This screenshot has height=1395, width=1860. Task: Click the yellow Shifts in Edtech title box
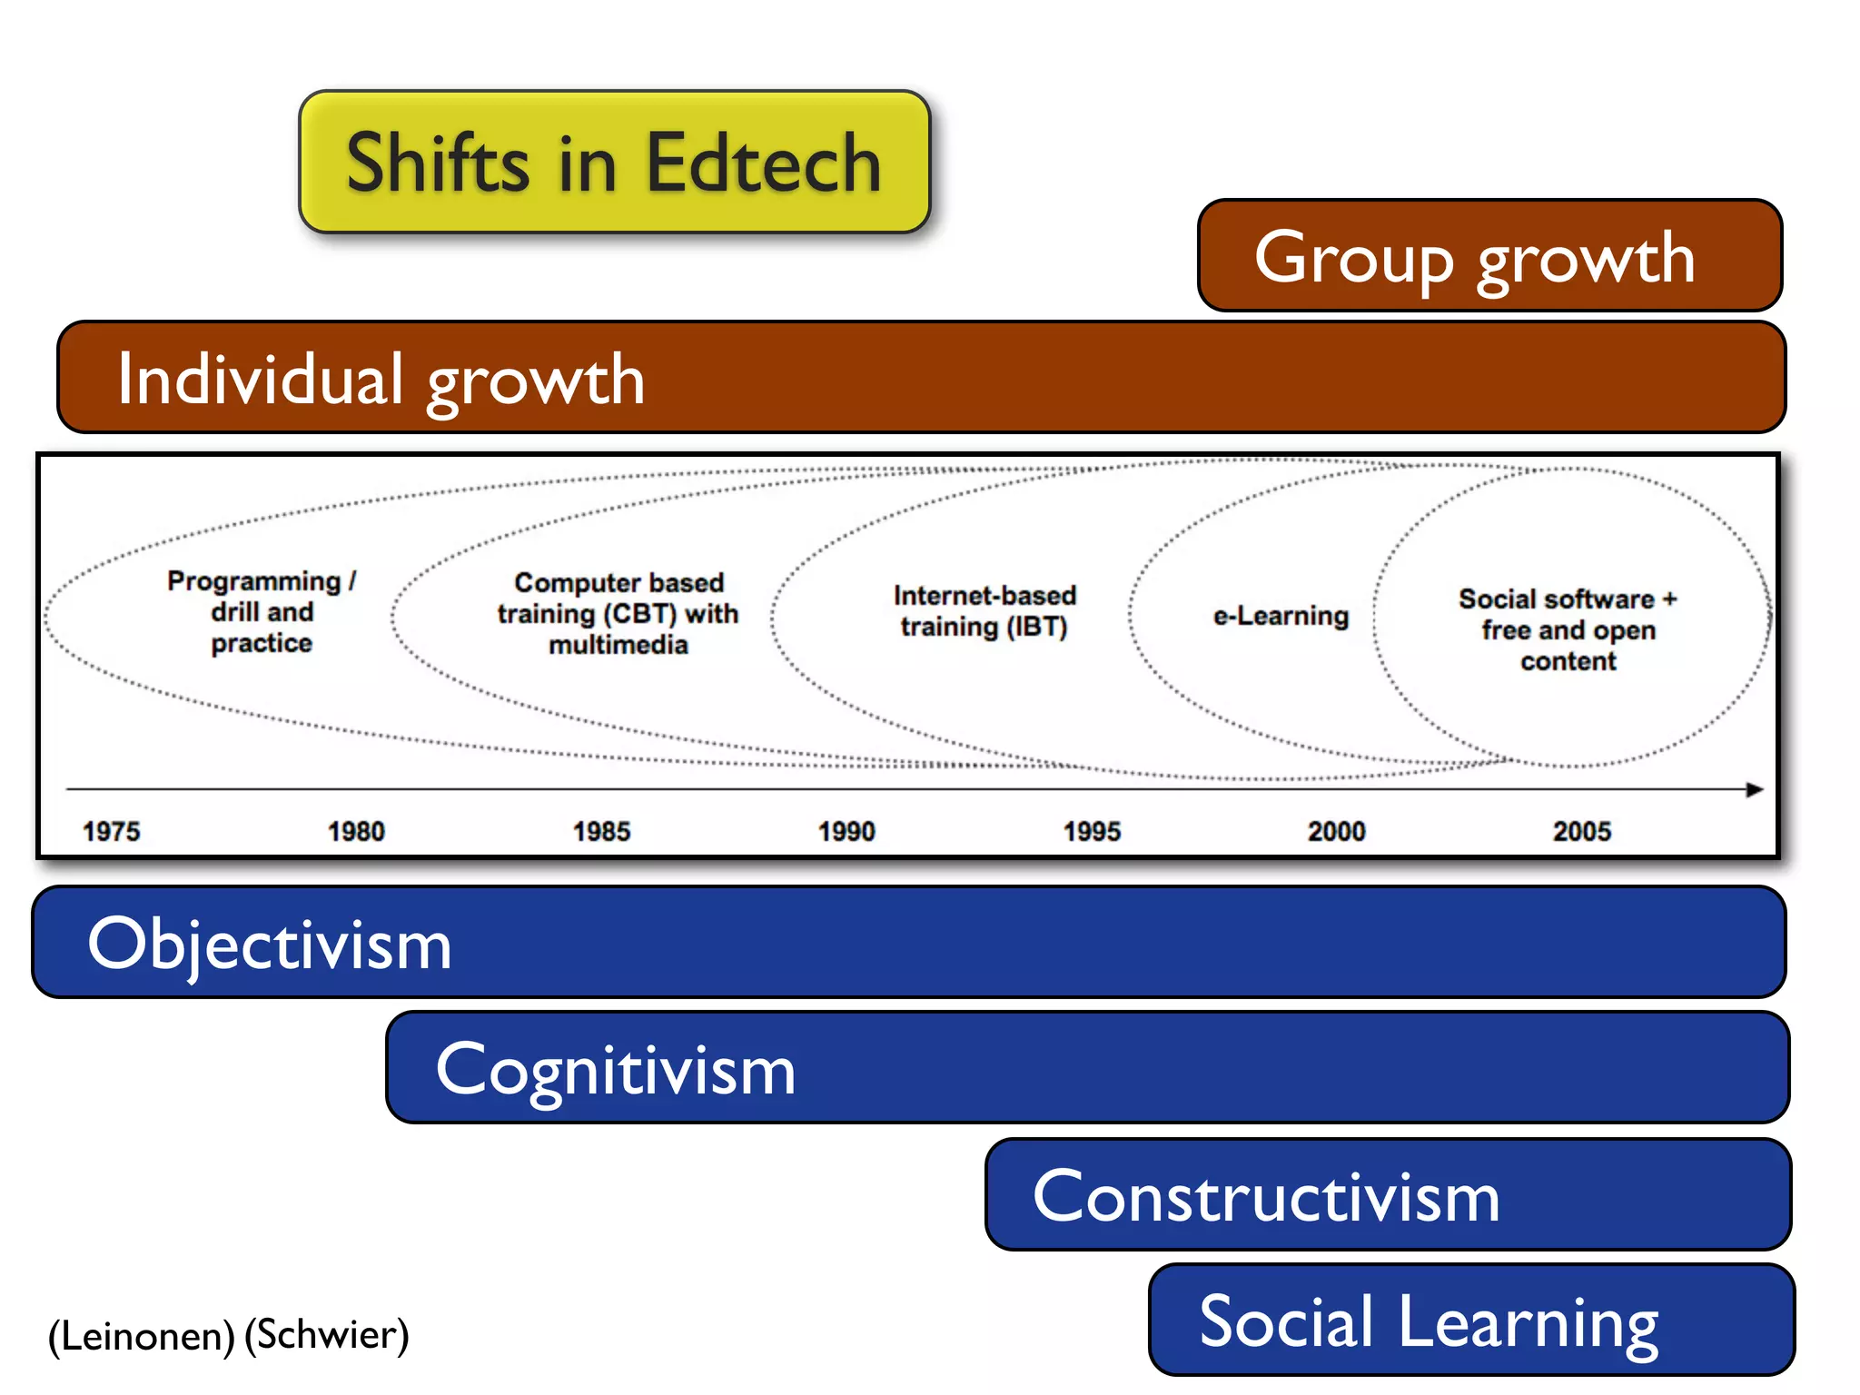coord(615,163)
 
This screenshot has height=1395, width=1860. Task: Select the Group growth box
coord(1489,256)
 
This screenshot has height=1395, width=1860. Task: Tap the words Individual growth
coord(381,379)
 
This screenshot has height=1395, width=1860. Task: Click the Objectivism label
coord(270,944)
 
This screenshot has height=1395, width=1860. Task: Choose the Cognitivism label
coord(616,1069)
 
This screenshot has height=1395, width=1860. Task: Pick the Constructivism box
coord(1388,1195)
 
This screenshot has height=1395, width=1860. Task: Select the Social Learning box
coord(1471,1321)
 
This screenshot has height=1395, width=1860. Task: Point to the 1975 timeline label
coord(112,831)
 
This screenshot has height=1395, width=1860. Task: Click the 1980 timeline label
coord(356,831)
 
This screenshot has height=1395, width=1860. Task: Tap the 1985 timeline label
coord(601,831)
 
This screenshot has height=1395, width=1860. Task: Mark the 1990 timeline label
coord(846,831)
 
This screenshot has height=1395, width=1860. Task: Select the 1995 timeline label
coord(1092,831)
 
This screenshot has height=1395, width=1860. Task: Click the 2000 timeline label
coord(1336,831)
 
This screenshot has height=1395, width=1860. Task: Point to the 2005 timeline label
coord(1581,831)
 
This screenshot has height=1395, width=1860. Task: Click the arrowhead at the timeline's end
coord(1755,789)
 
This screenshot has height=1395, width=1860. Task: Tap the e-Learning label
coord(1281,616)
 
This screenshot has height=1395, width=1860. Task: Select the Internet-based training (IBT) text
coord(984,611)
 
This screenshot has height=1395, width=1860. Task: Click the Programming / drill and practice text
coord(262,612)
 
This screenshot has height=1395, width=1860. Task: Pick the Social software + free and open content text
coord(1568,629)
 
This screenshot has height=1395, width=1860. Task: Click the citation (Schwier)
coord(327,1334)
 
